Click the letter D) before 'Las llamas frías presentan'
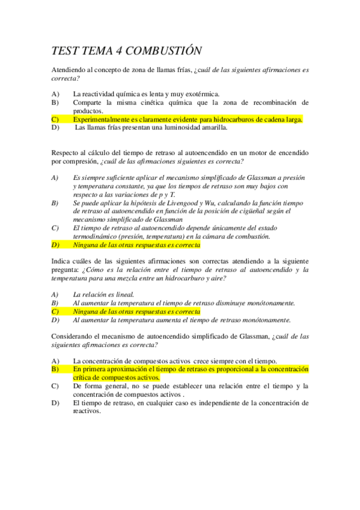point(55,127)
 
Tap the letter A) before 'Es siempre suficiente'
point(55,178)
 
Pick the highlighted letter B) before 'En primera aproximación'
point(55,368)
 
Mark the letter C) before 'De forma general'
point(55,386)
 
